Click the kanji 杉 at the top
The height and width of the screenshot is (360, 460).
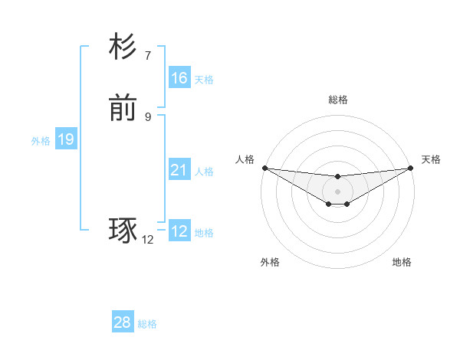[x=123, y=47]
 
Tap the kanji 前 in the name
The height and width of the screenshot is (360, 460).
[x=123, y=109]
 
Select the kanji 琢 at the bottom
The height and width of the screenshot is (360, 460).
[x=123, y=231]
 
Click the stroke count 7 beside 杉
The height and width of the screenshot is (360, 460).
[x=147, y=55]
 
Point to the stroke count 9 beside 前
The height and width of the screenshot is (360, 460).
[x=147, y=116]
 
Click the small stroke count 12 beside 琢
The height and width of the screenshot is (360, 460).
[x=147, y=240]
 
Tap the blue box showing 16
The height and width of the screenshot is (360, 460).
[x=179, y=78]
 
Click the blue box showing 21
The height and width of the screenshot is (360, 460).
[x=179, y=170]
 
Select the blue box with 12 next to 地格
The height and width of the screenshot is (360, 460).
[x=179, y=231]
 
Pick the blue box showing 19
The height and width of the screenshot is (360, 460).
[x=66, y=139]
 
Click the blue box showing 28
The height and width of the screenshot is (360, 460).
[x=123, y=322]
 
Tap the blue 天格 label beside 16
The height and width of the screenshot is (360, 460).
[x=204, y=80]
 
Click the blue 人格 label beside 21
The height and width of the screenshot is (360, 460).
[x=204, y=172]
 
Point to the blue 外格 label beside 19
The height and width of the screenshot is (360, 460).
[x=40, y=141]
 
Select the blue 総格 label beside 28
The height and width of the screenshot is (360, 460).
[x=147, y=324]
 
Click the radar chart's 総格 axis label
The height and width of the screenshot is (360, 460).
[x=337, y=100]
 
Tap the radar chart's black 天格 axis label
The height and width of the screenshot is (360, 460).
[x=431, y=159]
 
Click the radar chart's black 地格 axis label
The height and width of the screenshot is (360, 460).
[x=402, y=262]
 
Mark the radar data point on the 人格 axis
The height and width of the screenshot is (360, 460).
[x=264, y=168]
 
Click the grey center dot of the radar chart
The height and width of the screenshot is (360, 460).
[x=337, y=191]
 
